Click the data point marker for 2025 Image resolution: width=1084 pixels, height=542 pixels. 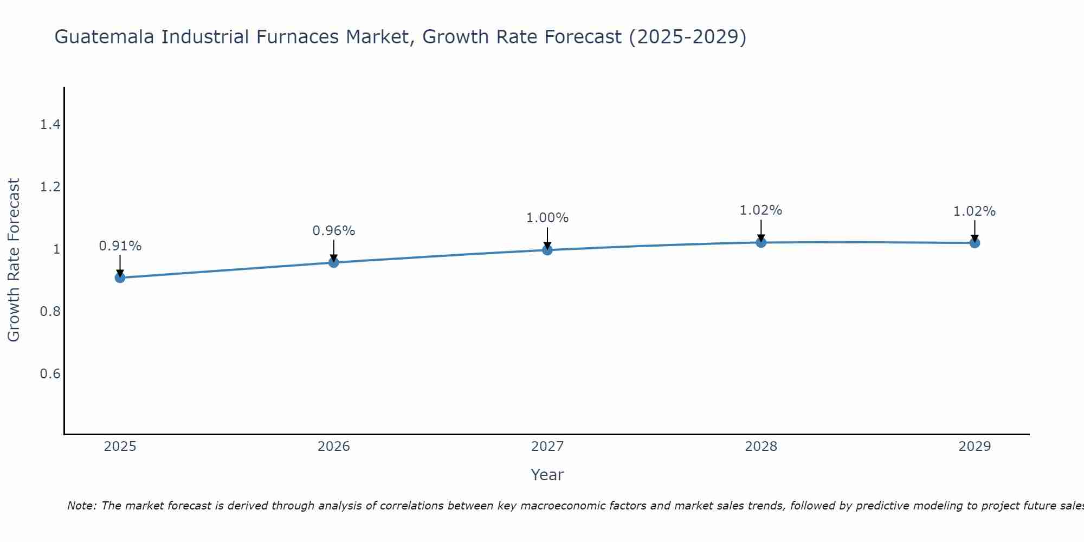(x=120, y=278)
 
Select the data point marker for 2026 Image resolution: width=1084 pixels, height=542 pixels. (x=334, y=262)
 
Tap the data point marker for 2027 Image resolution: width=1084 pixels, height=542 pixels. (x=547, y=250)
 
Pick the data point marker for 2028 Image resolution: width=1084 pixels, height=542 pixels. (x=761, y=242)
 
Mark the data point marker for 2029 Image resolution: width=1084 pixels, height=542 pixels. (x=975, y=243)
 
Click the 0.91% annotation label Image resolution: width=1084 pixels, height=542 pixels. (x=120, y=246)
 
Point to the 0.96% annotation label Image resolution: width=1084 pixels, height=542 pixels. (x=334, y=231)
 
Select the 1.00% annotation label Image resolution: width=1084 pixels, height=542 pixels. (x=547, y=218)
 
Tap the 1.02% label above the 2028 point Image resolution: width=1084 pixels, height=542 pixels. (x=761, y=210)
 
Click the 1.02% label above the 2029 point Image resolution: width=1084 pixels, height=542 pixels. (x=975, y=211)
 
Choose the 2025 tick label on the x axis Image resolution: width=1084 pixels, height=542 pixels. (x=120, y=447)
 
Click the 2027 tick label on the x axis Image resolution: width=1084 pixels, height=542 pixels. (x=547, y=447)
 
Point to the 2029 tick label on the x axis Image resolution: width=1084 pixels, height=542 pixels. (x=975, y=447)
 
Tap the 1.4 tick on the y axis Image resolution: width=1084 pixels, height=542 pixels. (x=50, y=125)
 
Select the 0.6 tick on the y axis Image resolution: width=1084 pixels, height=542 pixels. (x=50, y=374)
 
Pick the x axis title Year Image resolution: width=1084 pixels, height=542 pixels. (x=547, y=475)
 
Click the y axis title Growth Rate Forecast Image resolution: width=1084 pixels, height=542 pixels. (x=14, y=260)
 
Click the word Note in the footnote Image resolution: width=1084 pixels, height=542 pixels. (x=81, y=506)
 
